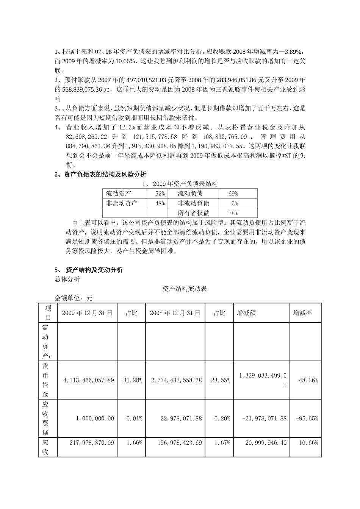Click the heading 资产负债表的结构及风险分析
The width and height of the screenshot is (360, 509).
105,175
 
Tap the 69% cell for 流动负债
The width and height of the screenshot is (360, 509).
233,194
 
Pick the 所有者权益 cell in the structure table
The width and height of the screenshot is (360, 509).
193,213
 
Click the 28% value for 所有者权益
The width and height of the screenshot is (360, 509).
233,213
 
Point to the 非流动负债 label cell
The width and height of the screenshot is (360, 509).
193,203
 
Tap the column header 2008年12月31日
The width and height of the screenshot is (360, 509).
175,313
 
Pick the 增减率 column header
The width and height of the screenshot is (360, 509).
303,313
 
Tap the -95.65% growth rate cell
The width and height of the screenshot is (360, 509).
307,418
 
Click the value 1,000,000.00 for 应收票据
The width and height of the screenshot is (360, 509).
95,418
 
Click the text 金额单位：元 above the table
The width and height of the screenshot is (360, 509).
74,298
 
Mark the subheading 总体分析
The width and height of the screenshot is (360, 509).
67,279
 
